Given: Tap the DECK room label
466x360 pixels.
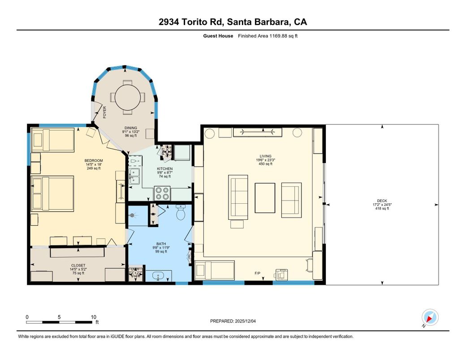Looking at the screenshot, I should pyautogui.click(x=382, y=201).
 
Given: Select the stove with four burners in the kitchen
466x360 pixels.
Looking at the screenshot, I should pyautogui.click(x=162, y=193).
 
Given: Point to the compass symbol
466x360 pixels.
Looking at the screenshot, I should pyautogui.click(x=431, y=317).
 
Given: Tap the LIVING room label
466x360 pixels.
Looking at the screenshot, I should pyautogui.click(x=265, y=156).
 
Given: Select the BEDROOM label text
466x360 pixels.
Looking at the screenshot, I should pyautogui.click(x=94, y=161).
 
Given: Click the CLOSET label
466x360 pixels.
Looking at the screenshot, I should pyautogui.click(x=78, y=265).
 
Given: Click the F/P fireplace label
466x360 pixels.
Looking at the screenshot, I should pyautogui.click(x=258, y=273).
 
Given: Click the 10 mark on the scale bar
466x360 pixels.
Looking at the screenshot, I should pyautogui.click(x=94, y=317).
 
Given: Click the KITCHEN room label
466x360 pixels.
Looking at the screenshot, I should pyautogui.click(x=164, y=169).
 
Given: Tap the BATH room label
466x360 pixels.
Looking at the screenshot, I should pyautogui.click(x=161, y=244).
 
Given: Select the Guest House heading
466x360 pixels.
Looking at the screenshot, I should pyautogui.click(x=218, y=36).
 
